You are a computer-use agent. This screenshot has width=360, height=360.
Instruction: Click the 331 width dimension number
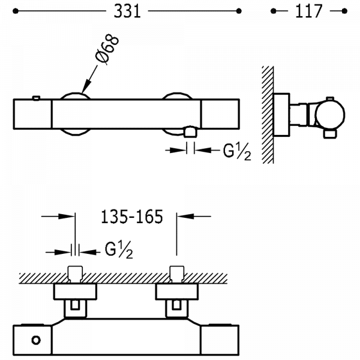tap(128, 11)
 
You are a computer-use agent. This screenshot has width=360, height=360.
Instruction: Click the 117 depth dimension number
tap(309, 11)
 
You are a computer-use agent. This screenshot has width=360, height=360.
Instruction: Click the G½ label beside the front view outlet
tap(236, 152)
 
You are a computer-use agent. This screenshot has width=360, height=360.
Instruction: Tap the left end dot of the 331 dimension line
tap(19, 11)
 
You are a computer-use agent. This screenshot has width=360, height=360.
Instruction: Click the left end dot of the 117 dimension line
tap(274, 11)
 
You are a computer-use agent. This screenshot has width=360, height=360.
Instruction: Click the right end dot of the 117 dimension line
tap(344, 11)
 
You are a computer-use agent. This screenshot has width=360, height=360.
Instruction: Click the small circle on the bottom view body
tap(35, 341)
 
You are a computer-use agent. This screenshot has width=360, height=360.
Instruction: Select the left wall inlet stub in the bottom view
tap(76, 274)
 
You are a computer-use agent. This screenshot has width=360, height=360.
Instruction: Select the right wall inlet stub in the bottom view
tap(176, 274)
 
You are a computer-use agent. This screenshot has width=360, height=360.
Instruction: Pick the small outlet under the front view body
tap(191, 131)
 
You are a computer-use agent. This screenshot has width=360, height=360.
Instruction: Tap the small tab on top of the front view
tap(37, 98)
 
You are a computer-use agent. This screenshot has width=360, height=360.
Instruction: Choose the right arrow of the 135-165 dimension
tap(185, 217)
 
